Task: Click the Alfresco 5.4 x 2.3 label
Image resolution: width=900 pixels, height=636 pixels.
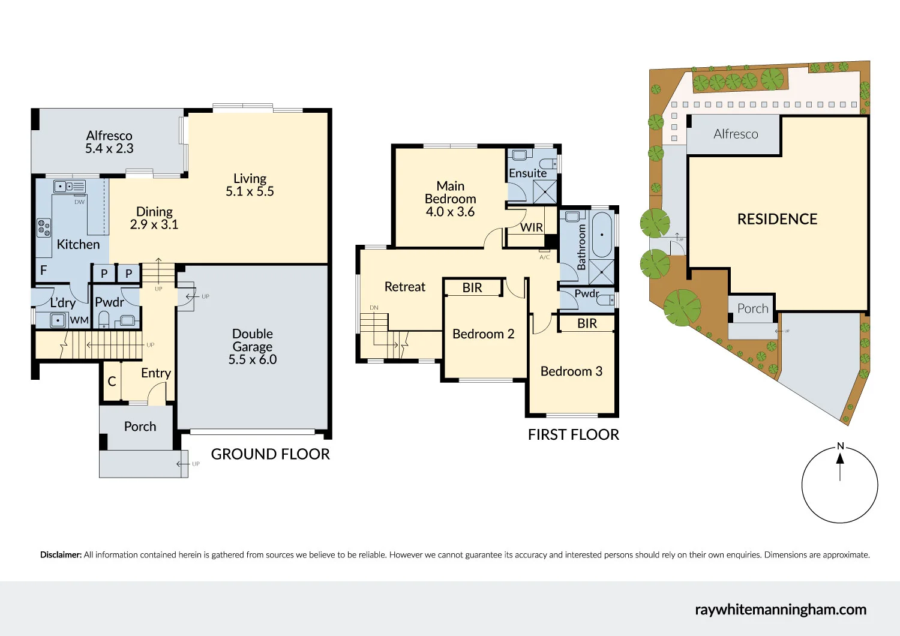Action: [x=109, y=142]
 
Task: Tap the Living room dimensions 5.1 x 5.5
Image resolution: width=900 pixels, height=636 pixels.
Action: [x=250, y=191]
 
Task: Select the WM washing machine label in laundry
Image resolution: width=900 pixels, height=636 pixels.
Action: [x=79, y=320]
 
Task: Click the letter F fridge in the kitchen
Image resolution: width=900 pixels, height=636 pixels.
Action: [x=43, y=271]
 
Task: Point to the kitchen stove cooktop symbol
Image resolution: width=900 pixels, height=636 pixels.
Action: [x=44, y=228]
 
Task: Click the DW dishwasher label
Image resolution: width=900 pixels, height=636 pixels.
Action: [x=79, y=202]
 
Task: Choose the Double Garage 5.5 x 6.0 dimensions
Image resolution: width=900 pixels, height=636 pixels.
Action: [x=252, y=359]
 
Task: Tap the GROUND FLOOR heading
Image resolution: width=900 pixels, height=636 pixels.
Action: [x=270, y=454]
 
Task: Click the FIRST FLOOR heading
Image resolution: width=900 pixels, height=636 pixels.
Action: [x=573, y=435]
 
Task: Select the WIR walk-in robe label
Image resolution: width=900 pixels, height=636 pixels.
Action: [x=532, y=227]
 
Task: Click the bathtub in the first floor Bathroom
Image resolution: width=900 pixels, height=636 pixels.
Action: [x=601, y=235]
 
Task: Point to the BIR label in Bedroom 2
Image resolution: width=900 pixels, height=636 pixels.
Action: [x=472, y=288]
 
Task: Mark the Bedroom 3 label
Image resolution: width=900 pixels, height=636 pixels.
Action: [x=571, y=371]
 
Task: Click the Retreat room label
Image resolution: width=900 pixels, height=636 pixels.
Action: [x=404, y=287]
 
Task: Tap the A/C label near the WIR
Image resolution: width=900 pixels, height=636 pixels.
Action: [x=544, y=257]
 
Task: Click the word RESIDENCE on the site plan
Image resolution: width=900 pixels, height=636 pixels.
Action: [x=777, y=220]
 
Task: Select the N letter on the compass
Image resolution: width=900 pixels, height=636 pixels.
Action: [x=840, y=446]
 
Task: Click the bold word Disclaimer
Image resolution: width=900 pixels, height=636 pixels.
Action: [x=61, y=555]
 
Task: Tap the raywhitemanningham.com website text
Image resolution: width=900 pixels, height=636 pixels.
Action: [x=780, y=610]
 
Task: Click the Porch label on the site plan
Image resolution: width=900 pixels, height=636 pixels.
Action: [x=752, y=308]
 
